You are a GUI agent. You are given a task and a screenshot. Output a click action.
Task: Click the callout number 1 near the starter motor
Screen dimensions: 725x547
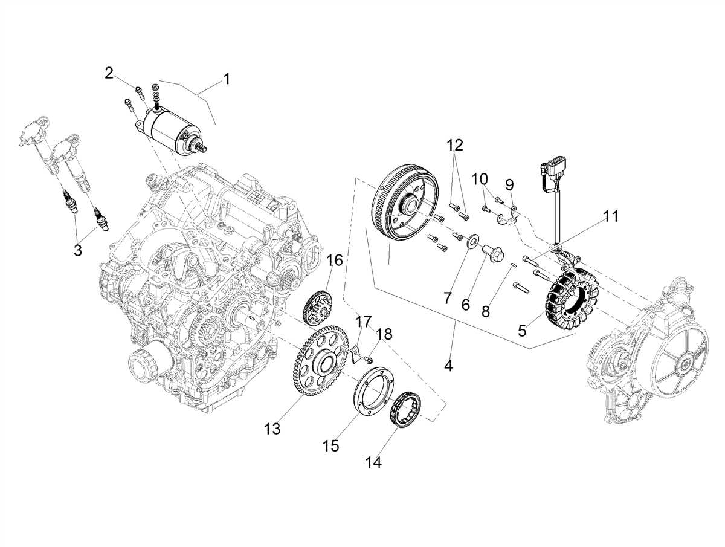pos(226,79)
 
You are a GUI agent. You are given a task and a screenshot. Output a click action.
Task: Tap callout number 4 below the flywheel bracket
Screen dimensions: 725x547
pos(448,366)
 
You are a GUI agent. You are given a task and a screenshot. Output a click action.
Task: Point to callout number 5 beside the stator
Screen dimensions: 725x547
pos(522,330)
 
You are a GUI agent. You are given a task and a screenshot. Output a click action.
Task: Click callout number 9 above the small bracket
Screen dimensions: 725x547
pos(510,185)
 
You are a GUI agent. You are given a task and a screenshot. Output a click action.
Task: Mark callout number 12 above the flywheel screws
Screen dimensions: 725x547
pos(455,144)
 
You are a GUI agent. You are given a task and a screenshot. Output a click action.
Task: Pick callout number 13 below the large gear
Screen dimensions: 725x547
pos(272,429)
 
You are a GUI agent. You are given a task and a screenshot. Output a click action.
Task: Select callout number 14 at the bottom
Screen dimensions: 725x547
pos(373,462)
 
